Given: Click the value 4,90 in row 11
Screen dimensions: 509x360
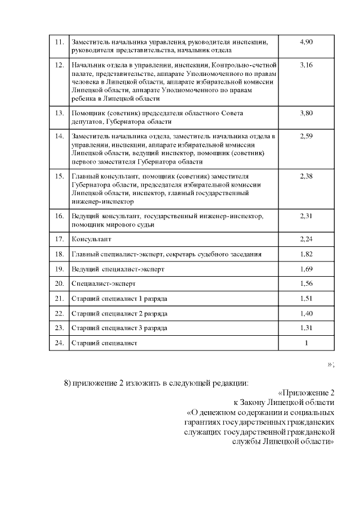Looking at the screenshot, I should pos(306,42).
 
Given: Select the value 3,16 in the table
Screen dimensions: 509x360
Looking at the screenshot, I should pos(306,66).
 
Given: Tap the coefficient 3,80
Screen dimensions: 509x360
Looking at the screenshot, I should pos(306,113).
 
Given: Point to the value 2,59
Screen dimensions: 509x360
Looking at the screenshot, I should pos(306,137).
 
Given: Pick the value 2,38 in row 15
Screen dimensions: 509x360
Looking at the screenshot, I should pos(306,176).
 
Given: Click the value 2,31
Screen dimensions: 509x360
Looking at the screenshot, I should pos(306,215).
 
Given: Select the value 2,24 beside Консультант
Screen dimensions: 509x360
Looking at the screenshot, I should pos(306,238).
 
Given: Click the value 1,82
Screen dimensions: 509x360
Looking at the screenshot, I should pos(306,254).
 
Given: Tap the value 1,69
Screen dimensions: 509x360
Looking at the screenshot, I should pos(306,269).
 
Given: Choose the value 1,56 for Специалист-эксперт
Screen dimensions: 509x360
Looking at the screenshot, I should pos(306,283).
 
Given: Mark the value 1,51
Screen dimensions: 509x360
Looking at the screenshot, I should pos(306,298).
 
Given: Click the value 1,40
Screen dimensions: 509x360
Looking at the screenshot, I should pos(306,313).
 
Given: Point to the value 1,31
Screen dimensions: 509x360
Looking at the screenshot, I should pos(306,327).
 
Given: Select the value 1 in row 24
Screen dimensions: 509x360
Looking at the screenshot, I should pos(306,342).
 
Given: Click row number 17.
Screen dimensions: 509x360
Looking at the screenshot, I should pos(59,238).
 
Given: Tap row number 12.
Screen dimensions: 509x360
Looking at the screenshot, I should pos(59,66).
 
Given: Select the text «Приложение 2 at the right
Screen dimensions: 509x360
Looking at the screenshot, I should pos(307,393).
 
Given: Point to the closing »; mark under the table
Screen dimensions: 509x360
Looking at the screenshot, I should pos(331,364).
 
